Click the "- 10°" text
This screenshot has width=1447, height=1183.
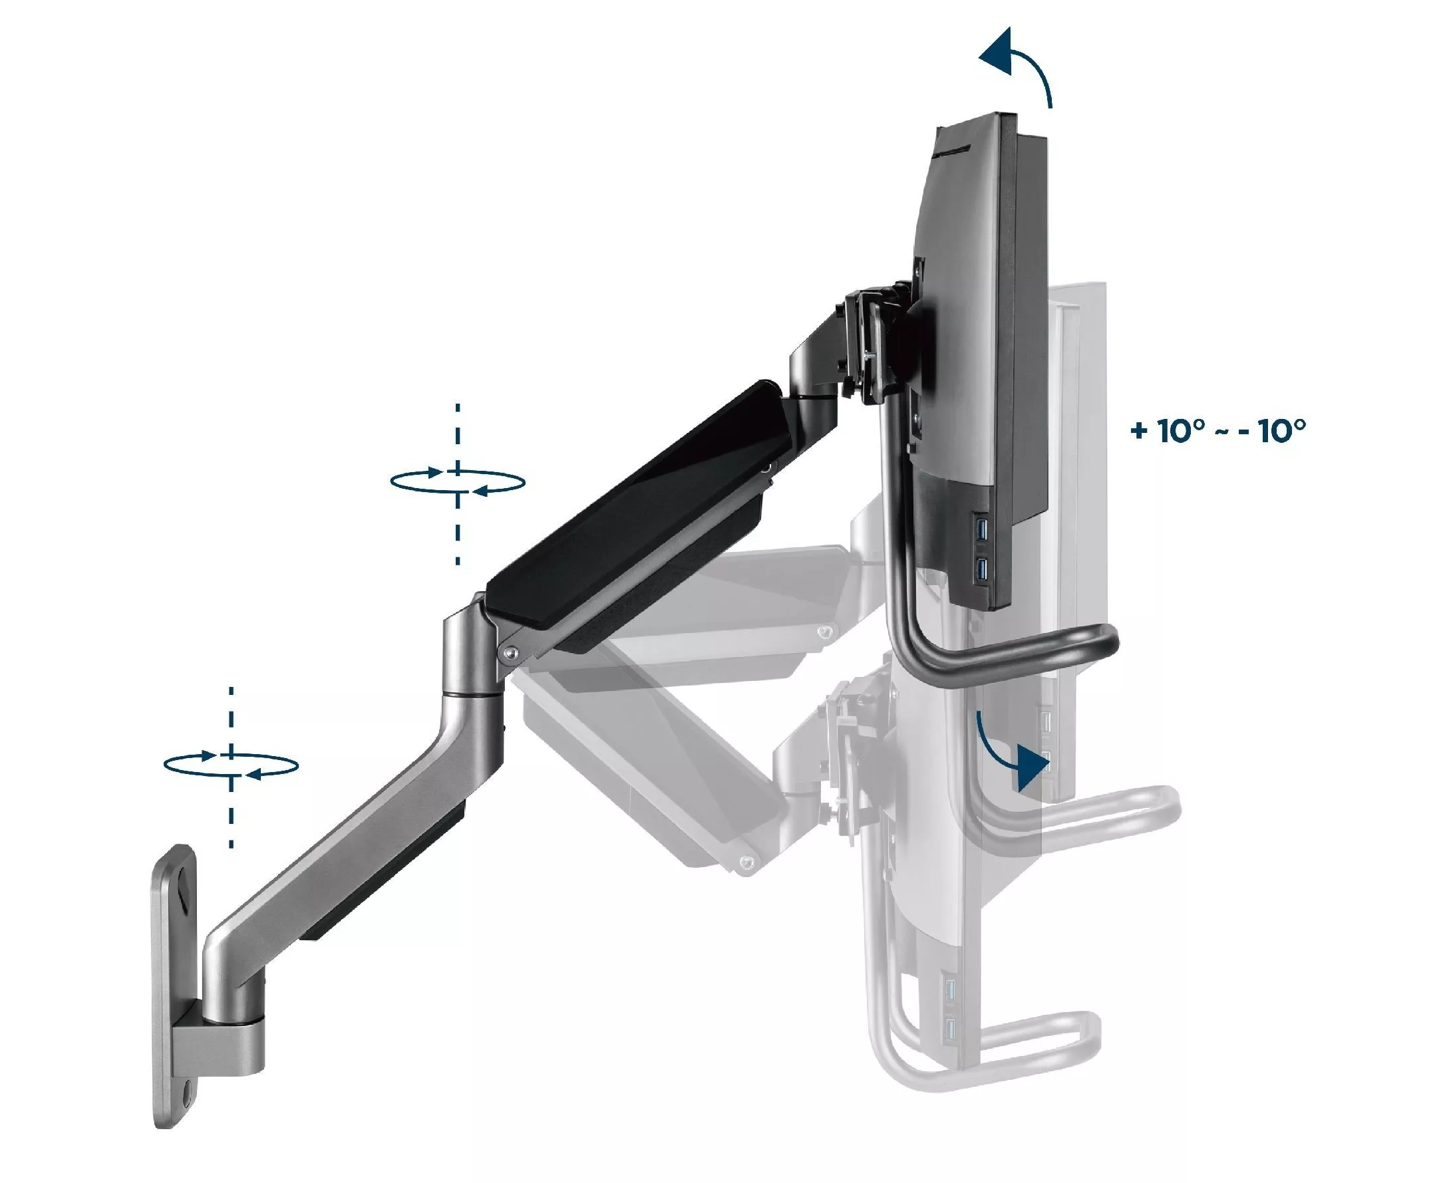[1273, 430]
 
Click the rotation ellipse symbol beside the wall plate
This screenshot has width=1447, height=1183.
[231, 765]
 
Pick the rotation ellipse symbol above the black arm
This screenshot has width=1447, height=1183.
[457, 481]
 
